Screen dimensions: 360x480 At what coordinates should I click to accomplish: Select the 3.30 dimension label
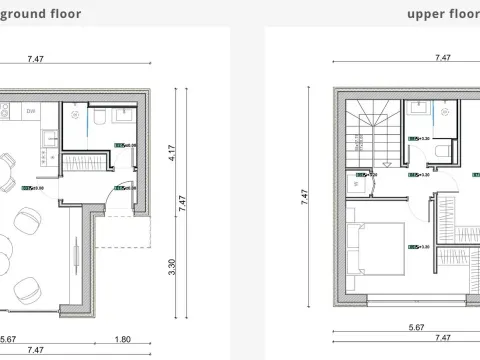(x=171, y=267)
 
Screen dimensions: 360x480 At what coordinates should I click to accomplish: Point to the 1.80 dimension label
(x=123, y=337)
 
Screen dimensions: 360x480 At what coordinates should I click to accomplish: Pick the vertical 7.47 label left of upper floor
(x=304, y=200)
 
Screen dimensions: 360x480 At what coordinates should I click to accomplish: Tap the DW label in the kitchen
(x=31, y=111)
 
